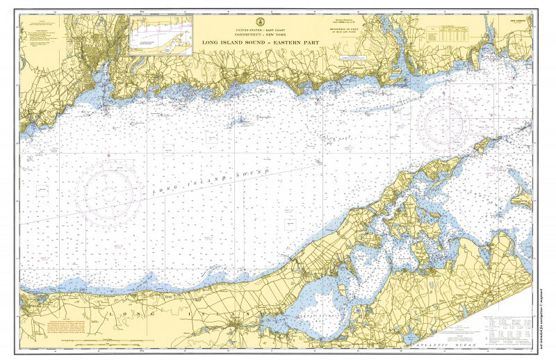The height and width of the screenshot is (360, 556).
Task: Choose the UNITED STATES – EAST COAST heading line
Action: [258, 31]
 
